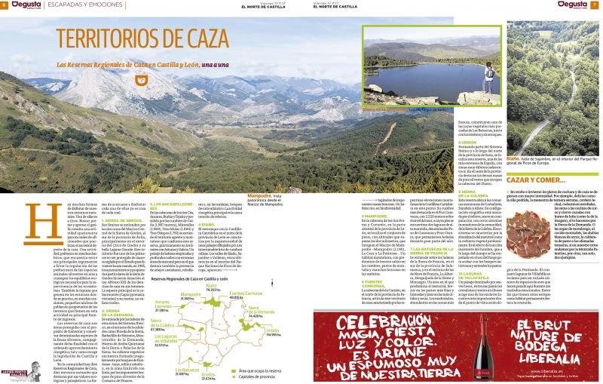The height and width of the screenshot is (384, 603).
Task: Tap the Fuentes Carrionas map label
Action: [x=246, y=293]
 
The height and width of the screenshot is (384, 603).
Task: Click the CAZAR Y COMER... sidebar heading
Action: [x=536, y=180]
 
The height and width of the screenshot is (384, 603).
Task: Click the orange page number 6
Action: [x=5, y=5]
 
